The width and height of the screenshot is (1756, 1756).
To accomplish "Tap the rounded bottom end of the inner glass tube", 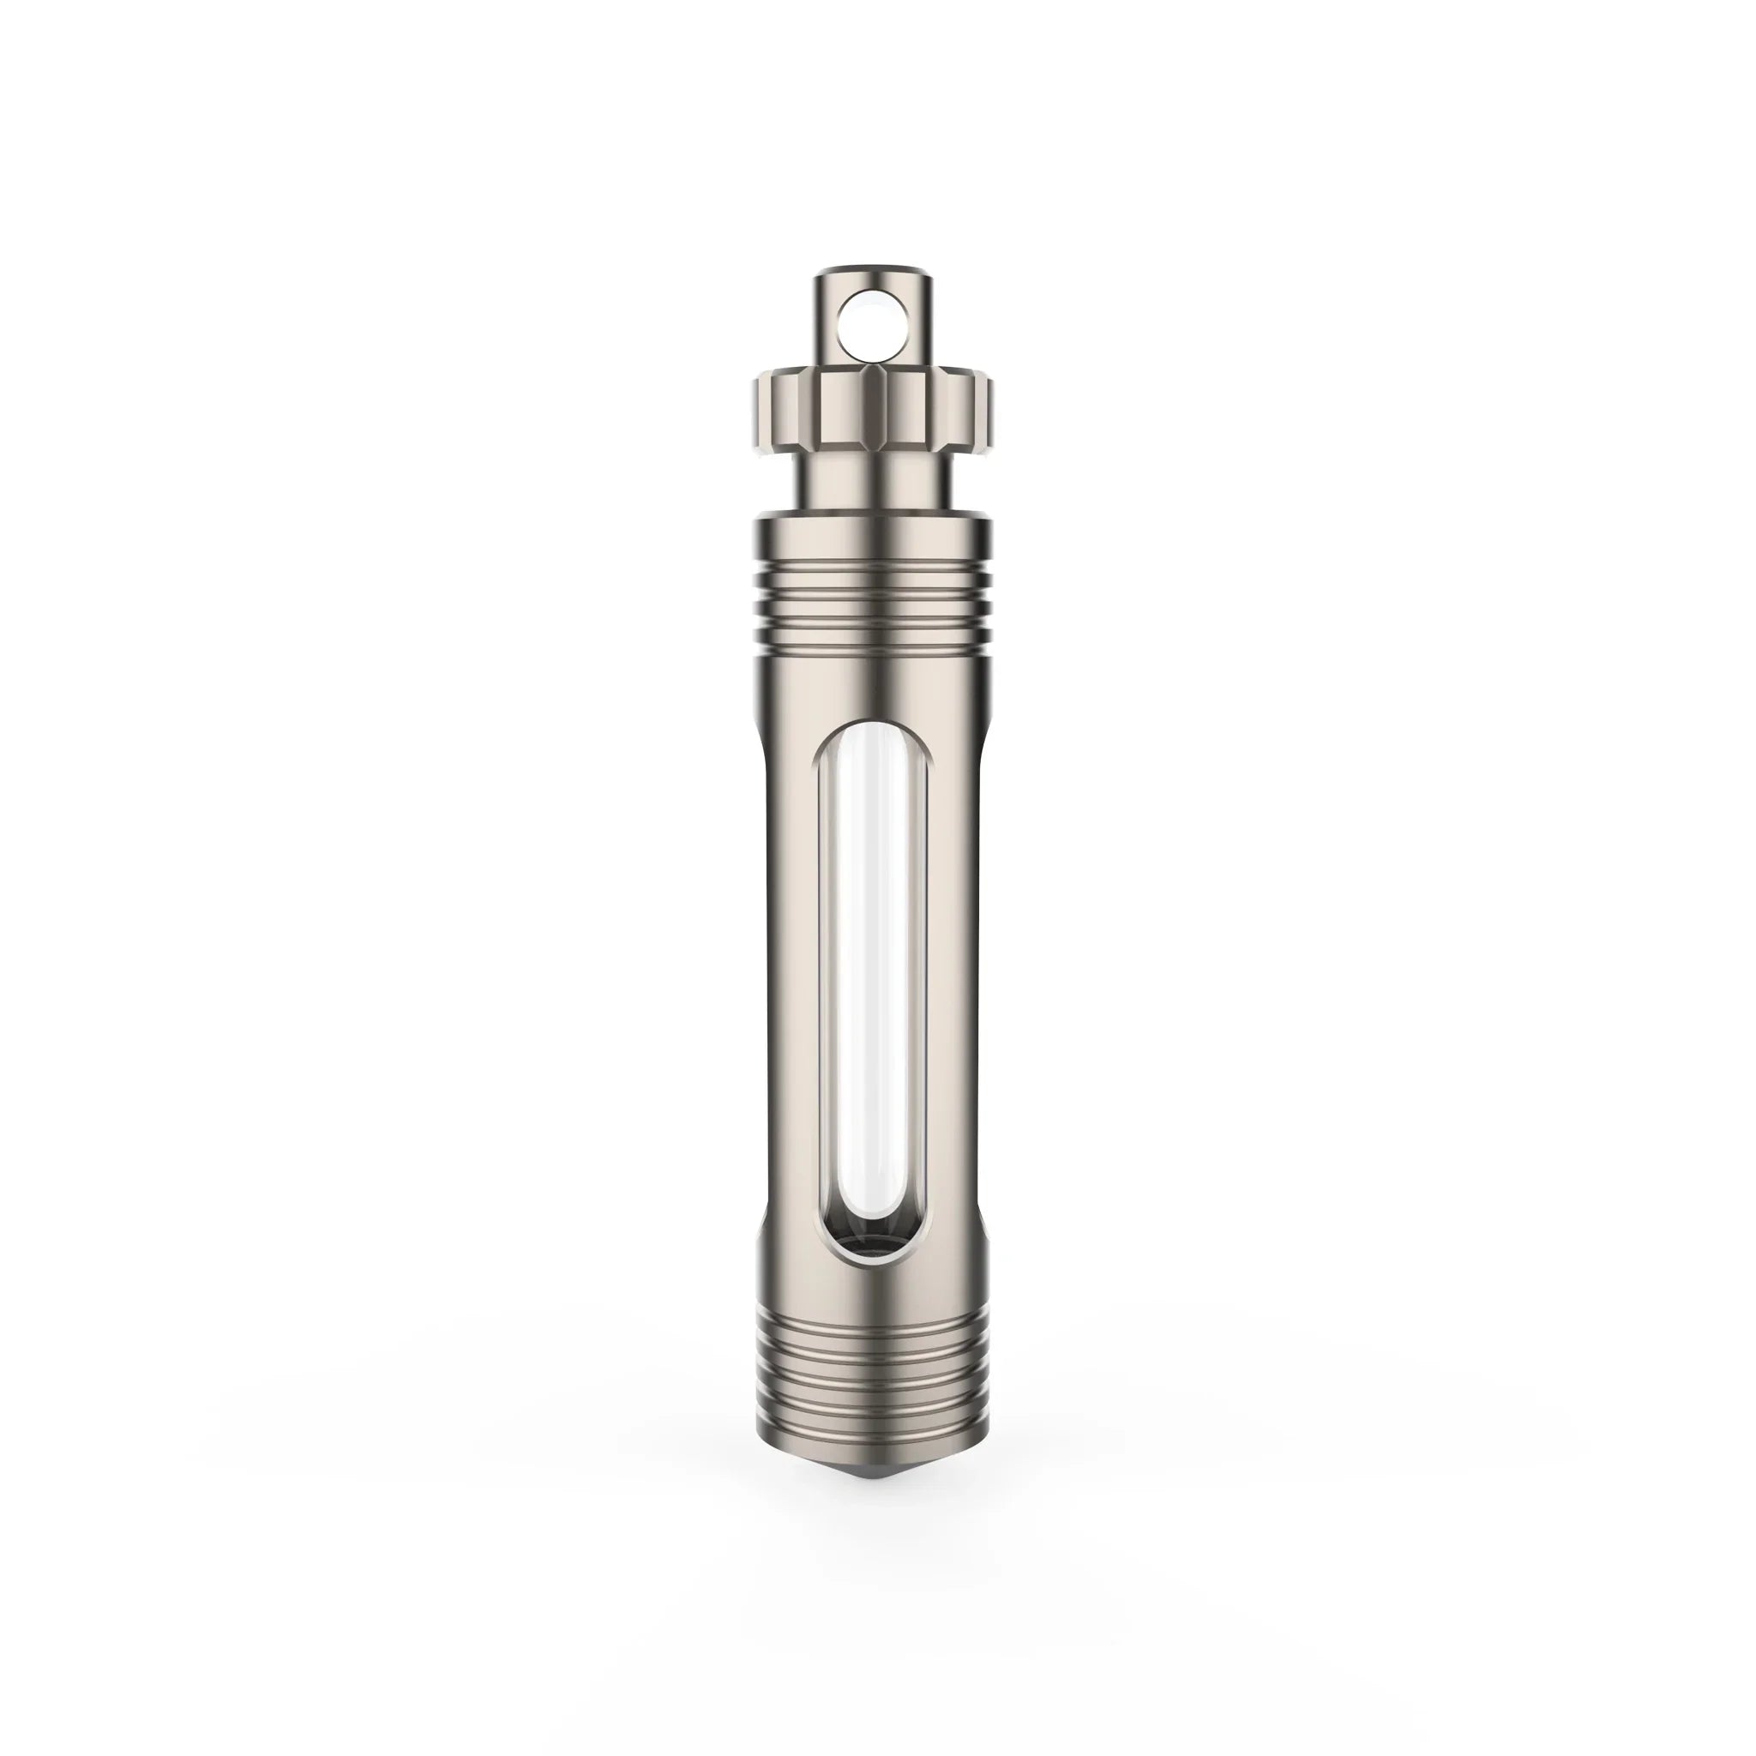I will point(873,1218).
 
